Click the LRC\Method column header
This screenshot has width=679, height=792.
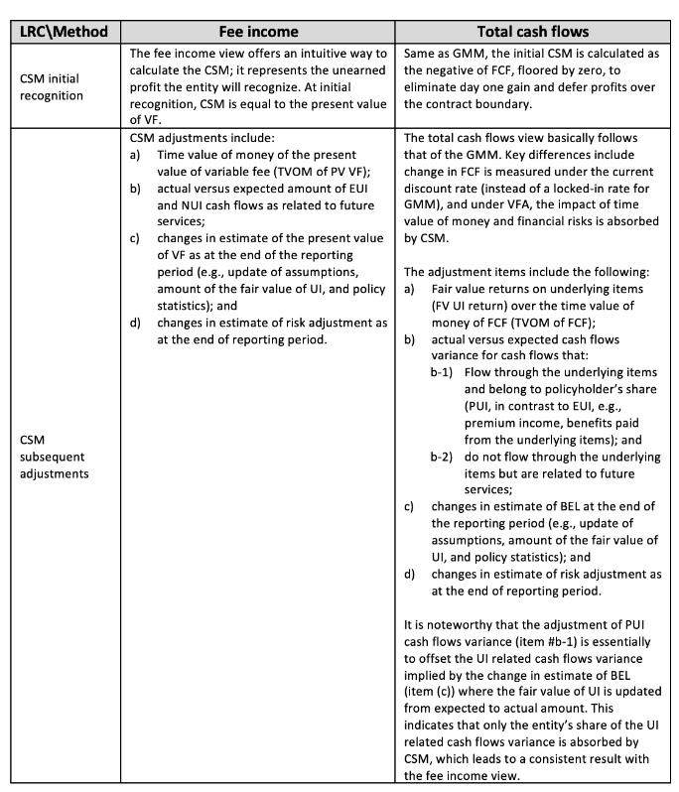66,31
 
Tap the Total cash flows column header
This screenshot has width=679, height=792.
536,31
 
